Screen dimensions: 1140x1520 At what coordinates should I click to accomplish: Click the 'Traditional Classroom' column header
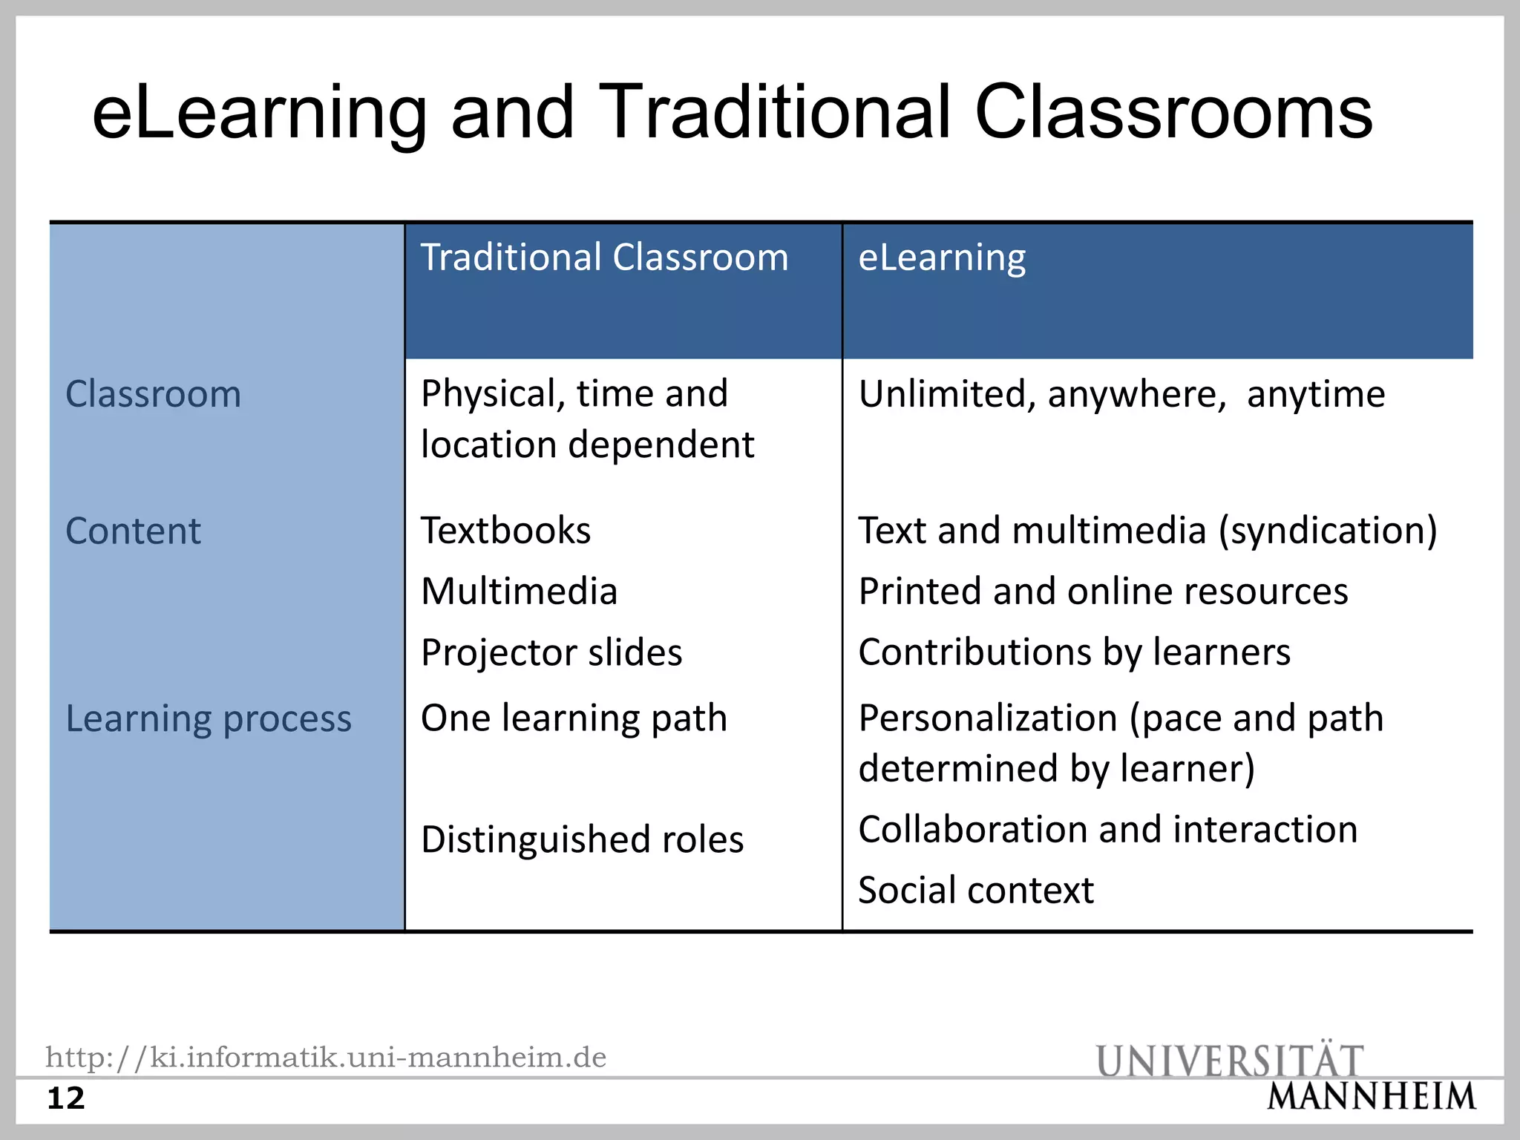604,258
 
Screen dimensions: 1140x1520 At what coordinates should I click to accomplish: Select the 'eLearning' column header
942,258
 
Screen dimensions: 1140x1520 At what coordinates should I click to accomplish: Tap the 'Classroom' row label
153,394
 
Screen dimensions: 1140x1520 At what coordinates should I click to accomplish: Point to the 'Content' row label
133,531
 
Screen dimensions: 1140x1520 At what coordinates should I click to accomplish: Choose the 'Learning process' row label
209,719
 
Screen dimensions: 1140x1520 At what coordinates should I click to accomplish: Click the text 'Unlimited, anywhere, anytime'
1121,394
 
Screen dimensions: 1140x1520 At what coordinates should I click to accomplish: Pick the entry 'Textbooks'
506,531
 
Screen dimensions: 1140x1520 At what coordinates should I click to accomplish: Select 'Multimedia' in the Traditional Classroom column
519,592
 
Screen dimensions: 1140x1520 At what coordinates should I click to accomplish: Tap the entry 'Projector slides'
551,653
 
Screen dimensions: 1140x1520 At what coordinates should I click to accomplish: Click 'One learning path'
574,718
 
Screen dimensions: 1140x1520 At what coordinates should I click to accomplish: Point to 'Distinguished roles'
582,840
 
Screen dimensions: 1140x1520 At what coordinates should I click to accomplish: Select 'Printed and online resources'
1103,592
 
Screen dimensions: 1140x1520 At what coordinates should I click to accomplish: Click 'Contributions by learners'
1074,653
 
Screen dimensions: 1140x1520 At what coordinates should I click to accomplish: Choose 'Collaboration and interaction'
1107,830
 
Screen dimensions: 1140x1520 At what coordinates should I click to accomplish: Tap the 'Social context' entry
976,891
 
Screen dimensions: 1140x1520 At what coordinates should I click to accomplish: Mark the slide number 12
66,1098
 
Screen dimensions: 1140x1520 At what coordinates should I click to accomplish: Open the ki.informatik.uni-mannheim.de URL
326,1057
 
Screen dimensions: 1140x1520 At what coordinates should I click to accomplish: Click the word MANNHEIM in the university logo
1372,1097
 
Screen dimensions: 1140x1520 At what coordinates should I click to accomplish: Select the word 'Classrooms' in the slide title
1173,113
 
